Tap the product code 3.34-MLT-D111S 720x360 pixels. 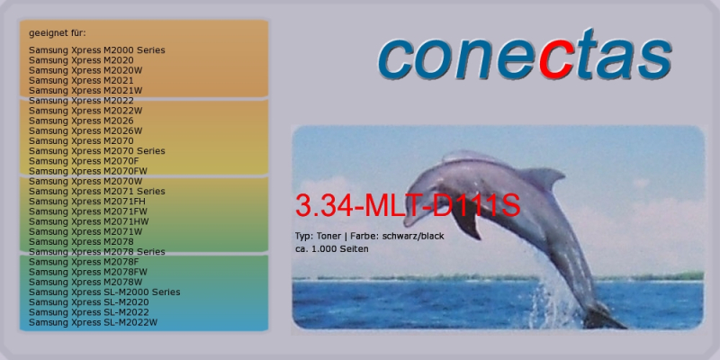click(x=408, y=205)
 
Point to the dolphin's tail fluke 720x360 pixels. click(x=603, y=317)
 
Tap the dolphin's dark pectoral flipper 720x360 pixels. click(x=467, y=222)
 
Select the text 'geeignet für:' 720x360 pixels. click(x=58, y=33)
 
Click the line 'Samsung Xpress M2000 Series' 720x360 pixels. click(x=97, y=50)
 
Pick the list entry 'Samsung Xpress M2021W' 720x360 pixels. click(x=85, y=91)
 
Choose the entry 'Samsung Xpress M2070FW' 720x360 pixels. click(x=88, y=171)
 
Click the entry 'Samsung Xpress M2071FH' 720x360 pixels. click(x=87, y=202)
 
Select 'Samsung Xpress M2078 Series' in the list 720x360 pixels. click(x=97, y=252)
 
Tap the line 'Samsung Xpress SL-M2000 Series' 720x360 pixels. click(x=104, y=292)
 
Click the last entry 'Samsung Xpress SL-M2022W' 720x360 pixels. click(x=94, y=323)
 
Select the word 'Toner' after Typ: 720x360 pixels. click(x=328, y=237)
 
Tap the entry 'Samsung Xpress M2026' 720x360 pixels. click(x=81, y=121)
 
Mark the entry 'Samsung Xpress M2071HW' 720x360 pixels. click(x=88, y=221)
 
